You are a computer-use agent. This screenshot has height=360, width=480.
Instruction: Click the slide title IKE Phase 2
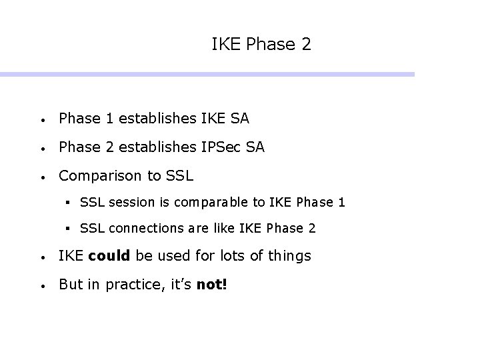(x=261, y=45)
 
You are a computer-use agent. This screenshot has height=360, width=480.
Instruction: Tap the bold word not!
(x=212, y=285)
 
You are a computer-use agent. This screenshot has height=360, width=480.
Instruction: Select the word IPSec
(x=220, y=147)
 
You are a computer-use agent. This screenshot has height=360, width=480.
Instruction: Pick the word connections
(x=141, y=228)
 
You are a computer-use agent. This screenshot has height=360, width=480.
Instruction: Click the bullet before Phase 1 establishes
(x=42, y=120)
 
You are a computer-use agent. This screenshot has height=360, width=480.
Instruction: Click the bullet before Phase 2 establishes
(x=42, y=149)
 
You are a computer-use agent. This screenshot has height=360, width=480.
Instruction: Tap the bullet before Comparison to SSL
(x=42, y=177)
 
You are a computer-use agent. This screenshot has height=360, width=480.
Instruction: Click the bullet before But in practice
(x=42, y=286)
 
